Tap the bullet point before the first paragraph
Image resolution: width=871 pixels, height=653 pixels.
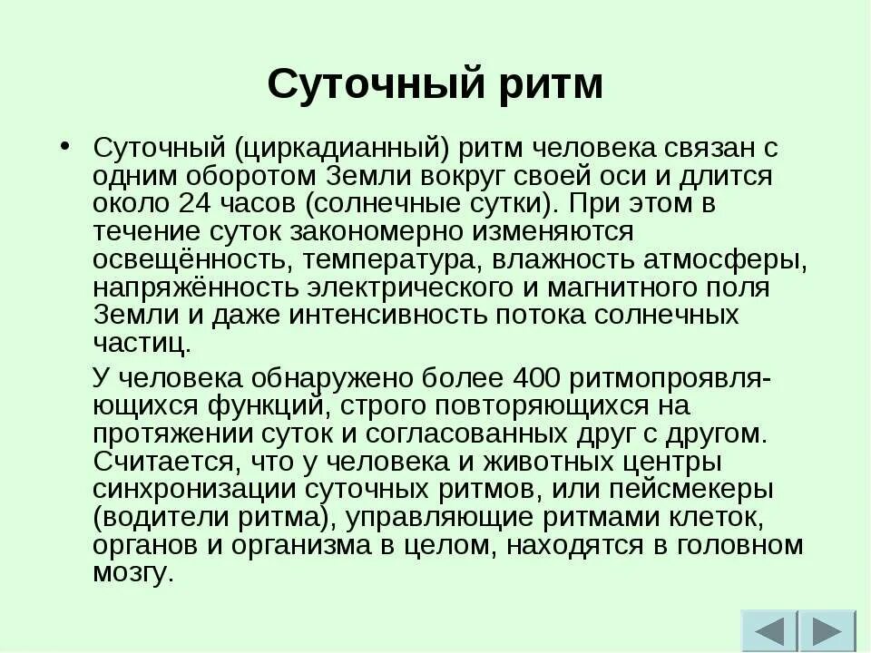pyautogui.click(x=64, y=146)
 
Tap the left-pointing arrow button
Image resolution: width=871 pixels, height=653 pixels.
pyautogui.click(x=769, y=631)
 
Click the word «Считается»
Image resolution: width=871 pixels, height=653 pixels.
pyautogui.click(x=162, y=462)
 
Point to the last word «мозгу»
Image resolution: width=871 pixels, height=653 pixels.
pyautogui.click(x=131, y=575)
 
